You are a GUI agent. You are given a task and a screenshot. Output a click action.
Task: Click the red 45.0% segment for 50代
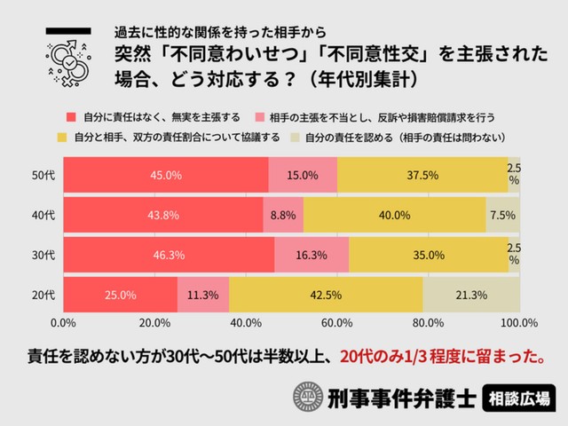(x=166, y=175)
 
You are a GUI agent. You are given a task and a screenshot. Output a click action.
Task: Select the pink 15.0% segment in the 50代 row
(x=303, y=175)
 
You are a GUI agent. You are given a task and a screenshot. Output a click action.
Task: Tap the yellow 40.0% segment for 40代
(x=394, y=215)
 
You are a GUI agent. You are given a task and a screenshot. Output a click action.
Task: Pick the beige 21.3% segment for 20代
(x=471, y=296)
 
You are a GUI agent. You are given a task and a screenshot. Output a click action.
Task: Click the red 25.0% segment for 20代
(x=121, y=296)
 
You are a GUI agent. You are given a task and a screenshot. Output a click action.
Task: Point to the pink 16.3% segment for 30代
(x=312, y=255)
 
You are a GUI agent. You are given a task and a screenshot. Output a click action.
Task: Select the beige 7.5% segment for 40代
(x=502, y=215)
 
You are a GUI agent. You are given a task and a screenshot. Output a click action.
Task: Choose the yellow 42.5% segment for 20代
(x=326, y=296)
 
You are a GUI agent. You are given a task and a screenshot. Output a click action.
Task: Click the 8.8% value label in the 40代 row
(x=283, y=215)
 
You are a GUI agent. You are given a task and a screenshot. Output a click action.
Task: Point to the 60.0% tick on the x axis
(x=338, y=322)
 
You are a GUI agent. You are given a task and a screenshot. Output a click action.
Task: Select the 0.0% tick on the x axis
(x=64, y=322)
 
